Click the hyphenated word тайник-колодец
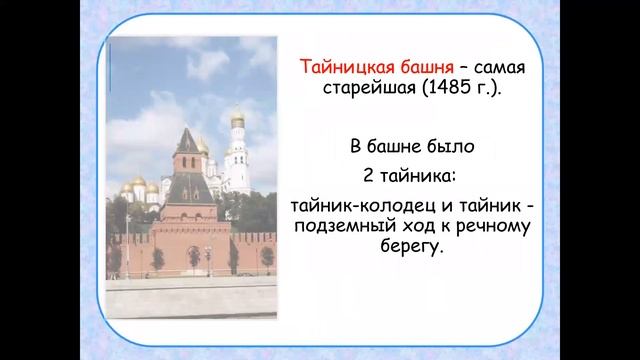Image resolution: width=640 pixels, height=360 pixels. (x=356, y=205)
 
